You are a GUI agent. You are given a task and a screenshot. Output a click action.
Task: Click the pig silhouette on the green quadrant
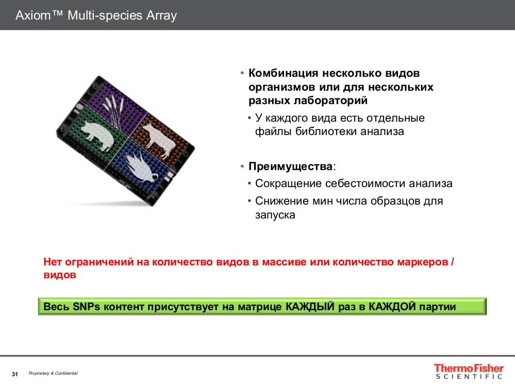pos(96,135)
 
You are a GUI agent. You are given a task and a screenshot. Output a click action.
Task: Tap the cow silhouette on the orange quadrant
pos(160,136)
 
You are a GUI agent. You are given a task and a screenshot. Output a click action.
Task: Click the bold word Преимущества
pos(291,166)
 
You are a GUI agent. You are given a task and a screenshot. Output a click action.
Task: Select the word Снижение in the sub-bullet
pos(282,200)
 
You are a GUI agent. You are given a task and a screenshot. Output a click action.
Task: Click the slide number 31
pos(15,374)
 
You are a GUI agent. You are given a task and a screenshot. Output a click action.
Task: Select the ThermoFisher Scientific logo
pos(468,371)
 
